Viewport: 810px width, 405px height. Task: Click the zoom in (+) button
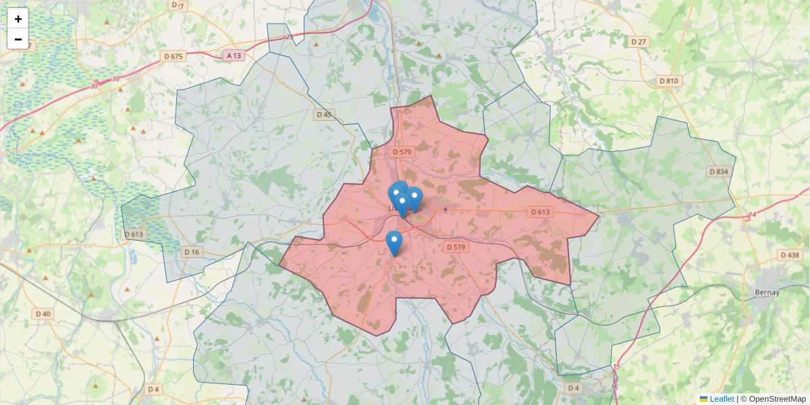(18, 19)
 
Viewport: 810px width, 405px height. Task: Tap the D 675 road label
(173, 56)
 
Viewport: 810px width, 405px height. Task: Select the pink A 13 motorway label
(234, 55)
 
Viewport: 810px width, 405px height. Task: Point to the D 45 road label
(325, 114)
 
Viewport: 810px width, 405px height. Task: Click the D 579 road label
(402, 152)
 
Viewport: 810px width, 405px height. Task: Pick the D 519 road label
(456, 247)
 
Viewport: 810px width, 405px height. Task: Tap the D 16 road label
(192, 252)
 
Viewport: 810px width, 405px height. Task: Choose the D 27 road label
(639, 42)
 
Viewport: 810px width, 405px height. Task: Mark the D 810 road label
(668, 81)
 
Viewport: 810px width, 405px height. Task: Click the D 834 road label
(720, 171)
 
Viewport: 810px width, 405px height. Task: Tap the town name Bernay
(764, 292)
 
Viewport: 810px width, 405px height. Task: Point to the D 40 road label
(43, 314)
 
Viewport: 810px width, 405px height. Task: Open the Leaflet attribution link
(722, 399)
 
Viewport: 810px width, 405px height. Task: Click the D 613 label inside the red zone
(540, 212)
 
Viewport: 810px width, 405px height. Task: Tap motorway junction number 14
(751, 215)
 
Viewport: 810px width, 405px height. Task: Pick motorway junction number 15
(617, 367)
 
